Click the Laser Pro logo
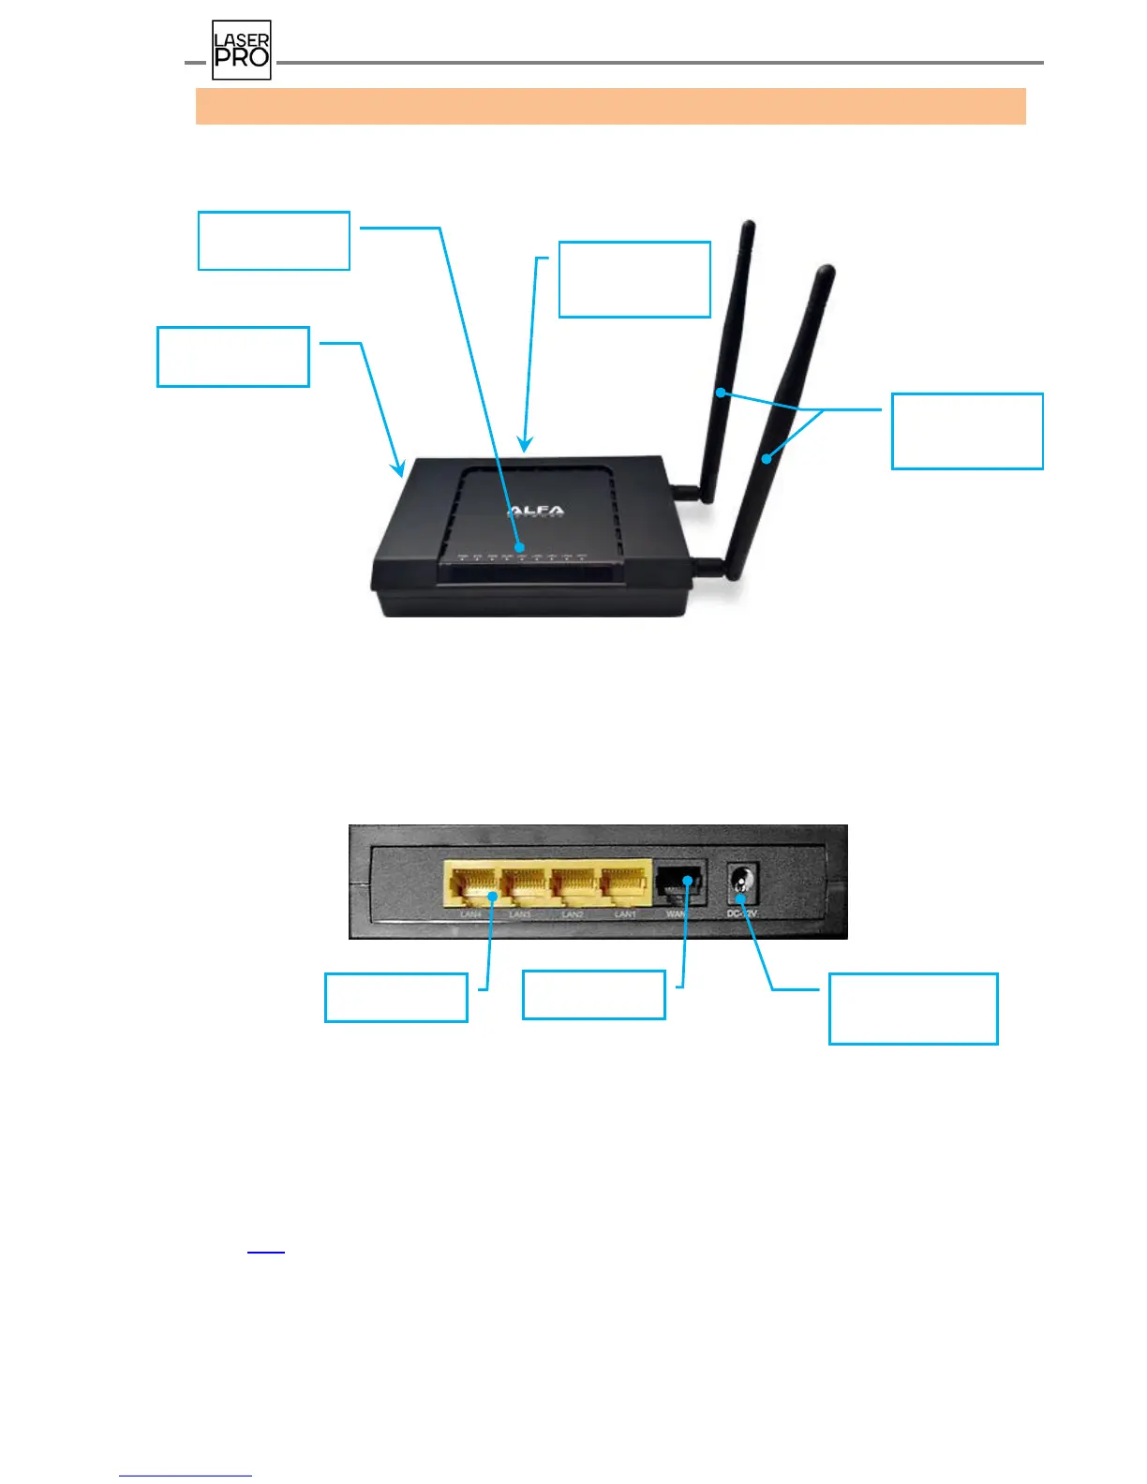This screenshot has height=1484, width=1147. click(242, 51)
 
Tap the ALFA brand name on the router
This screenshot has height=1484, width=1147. click(537, 512)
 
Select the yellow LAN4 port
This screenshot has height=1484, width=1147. click(471, 883)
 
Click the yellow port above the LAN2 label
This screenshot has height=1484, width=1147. click(573, 883)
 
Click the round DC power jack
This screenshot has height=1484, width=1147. click(742, 883)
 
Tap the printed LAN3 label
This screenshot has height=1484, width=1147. click(520, 914)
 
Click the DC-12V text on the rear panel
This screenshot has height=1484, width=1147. click(742, 913)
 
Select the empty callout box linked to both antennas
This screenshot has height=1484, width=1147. click(967, 431)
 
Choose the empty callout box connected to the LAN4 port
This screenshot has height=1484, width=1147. click(395, 997)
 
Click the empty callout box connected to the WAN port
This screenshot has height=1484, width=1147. click(593, 994)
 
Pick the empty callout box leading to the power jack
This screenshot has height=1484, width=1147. click(913, 1008)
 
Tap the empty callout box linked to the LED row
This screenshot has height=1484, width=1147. click(274, 241)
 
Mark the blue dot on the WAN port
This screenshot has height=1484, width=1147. click(689, 881)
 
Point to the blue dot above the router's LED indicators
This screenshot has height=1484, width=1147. click(521, 546)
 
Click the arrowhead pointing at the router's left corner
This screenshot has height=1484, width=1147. click(400, 471)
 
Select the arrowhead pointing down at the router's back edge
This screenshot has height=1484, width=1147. click(526, 446)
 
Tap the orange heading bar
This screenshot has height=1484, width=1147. click(610, 106)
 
